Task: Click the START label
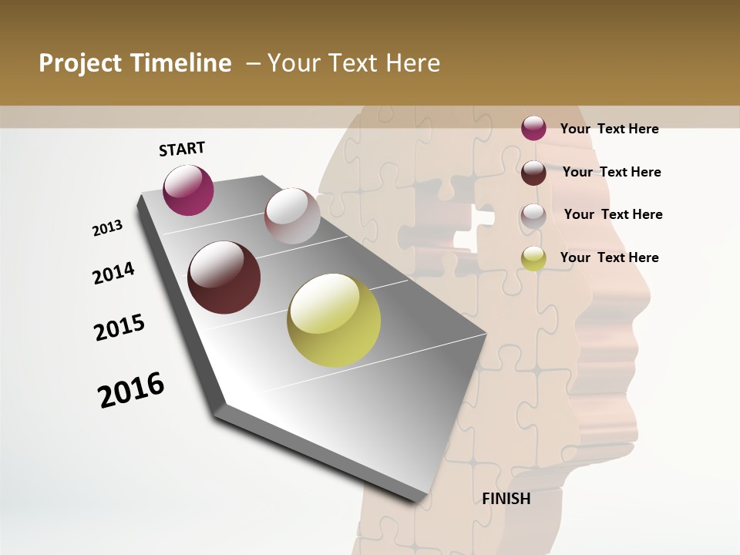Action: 182,149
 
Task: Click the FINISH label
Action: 506,499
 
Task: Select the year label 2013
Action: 107,228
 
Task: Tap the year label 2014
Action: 113,274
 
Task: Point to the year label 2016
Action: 131,389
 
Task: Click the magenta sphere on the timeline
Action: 188,190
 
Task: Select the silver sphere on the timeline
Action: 292,216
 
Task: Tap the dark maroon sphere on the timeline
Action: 224,277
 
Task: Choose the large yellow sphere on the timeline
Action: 334,320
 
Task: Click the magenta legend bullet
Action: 533,128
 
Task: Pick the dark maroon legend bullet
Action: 533,172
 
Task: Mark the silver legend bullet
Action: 533,215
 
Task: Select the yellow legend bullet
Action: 533,258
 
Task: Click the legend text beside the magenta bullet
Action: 609,129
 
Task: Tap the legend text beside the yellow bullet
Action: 609,257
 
